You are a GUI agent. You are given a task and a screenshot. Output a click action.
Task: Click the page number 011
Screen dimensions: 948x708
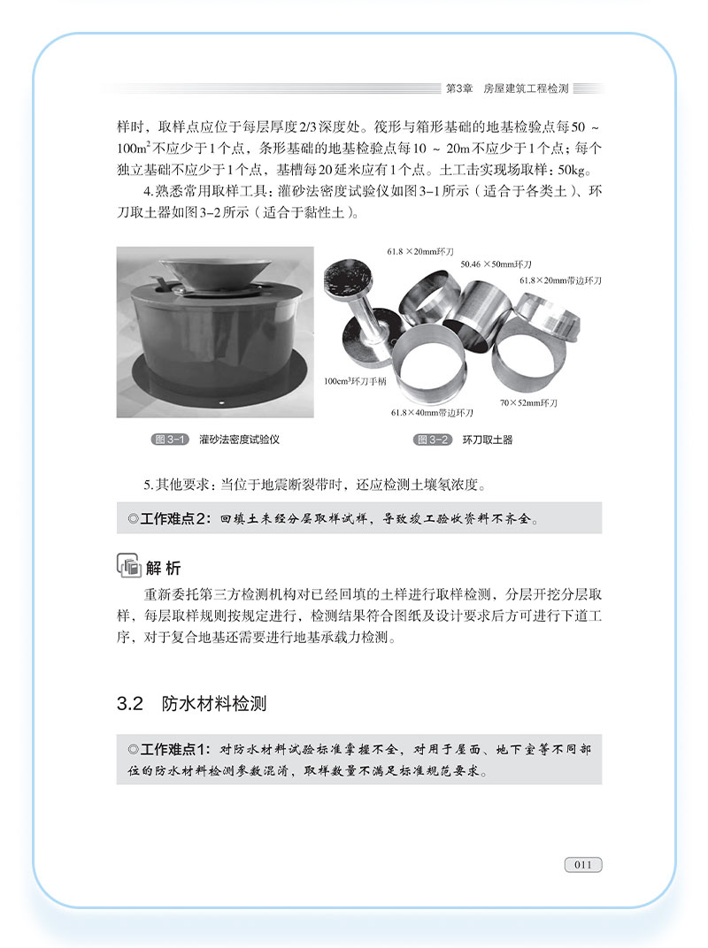[x=582, y=864]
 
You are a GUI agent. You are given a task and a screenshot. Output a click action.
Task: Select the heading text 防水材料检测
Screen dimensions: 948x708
[x=214, y=704]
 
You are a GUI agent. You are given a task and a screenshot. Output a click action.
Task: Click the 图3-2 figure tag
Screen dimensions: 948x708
[x=432, y=440]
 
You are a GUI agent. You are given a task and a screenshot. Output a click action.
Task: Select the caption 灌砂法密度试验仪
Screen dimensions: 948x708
[x=239, y=440]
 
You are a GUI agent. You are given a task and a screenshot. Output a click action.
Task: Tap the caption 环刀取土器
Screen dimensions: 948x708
[x=487, y=440]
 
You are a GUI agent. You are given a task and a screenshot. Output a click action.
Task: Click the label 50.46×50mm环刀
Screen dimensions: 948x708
[x=496, y=264]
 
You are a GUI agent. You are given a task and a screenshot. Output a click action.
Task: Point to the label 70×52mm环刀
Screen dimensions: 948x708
[x=527, y=403]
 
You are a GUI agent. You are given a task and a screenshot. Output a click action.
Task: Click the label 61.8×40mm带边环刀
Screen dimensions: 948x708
[x=432, y=413]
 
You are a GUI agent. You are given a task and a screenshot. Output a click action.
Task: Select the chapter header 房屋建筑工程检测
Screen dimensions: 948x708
[x=526, y=88]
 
